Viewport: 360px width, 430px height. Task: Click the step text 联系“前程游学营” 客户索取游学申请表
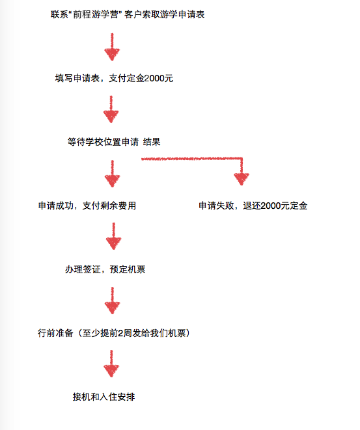point(128,14)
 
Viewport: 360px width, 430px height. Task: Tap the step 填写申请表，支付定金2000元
point(114,78)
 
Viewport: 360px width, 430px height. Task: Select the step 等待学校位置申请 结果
point(114,142)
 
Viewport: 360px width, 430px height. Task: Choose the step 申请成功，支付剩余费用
point(87,206)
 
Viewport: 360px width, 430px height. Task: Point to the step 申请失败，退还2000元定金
point(253,206)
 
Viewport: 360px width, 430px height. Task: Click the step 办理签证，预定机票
point(105,269)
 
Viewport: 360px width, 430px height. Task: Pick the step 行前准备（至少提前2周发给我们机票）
point(114,333)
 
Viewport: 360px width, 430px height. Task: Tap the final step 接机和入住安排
point(104,397)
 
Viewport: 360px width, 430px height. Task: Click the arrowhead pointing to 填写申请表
point(112,54)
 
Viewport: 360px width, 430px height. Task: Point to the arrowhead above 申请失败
point(242,179)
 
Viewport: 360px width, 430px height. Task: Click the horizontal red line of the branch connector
point(192,159)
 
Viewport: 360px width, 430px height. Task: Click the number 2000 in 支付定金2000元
point(154,79)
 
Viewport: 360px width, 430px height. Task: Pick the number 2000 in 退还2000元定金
point(271,206)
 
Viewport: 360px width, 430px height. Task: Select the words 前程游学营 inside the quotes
point(96,14)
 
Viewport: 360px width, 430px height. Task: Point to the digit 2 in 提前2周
point(120,333)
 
